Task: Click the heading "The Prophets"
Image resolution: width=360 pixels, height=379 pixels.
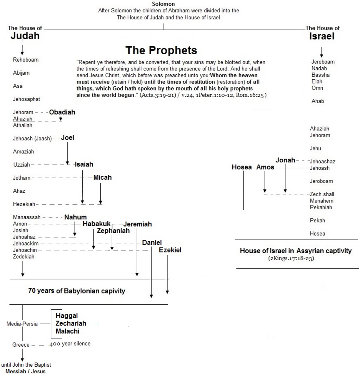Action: pos(161,50)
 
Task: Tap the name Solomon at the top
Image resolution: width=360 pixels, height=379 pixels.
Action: pos(163,4)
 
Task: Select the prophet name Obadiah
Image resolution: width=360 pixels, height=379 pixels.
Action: pos(62,112)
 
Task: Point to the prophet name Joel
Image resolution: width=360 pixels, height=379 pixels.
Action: pos(67,137)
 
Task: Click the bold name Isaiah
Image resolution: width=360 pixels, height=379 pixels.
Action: pos(84,164)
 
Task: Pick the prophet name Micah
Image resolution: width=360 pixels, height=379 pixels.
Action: pos(102,178)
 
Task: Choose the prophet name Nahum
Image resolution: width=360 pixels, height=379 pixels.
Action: pos(75,217)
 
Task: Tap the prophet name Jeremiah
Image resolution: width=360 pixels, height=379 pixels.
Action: pos(137,224)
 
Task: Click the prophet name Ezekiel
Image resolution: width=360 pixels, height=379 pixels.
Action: pos(170,250)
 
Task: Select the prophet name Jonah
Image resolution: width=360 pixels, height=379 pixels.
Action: pos(285,160)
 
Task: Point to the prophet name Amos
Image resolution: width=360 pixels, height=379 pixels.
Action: pos(265,167)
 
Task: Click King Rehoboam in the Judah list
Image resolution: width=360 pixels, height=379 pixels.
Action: pos(26,60)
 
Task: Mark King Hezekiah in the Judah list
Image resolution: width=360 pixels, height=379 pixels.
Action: pos(24,204)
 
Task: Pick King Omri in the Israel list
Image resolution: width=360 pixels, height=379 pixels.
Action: pos(317,88)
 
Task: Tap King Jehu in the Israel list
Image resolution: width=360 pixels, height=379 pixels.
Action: pos(315,148)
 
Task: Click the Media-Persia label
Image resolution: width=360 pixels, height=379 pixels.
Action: pos(22,324)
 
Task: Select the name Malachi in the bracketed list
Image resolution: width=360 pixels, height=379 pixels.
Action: pos(67,331)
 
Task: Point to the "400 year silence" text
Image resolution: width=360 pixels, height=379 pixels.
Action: pos(70,344)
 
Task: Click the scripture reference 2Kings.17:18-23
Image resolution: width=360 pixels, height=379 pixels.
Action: pos(291,258)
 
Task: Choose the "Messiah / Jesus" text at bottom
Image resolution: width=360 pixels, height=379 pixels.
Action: pos(25,371)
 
